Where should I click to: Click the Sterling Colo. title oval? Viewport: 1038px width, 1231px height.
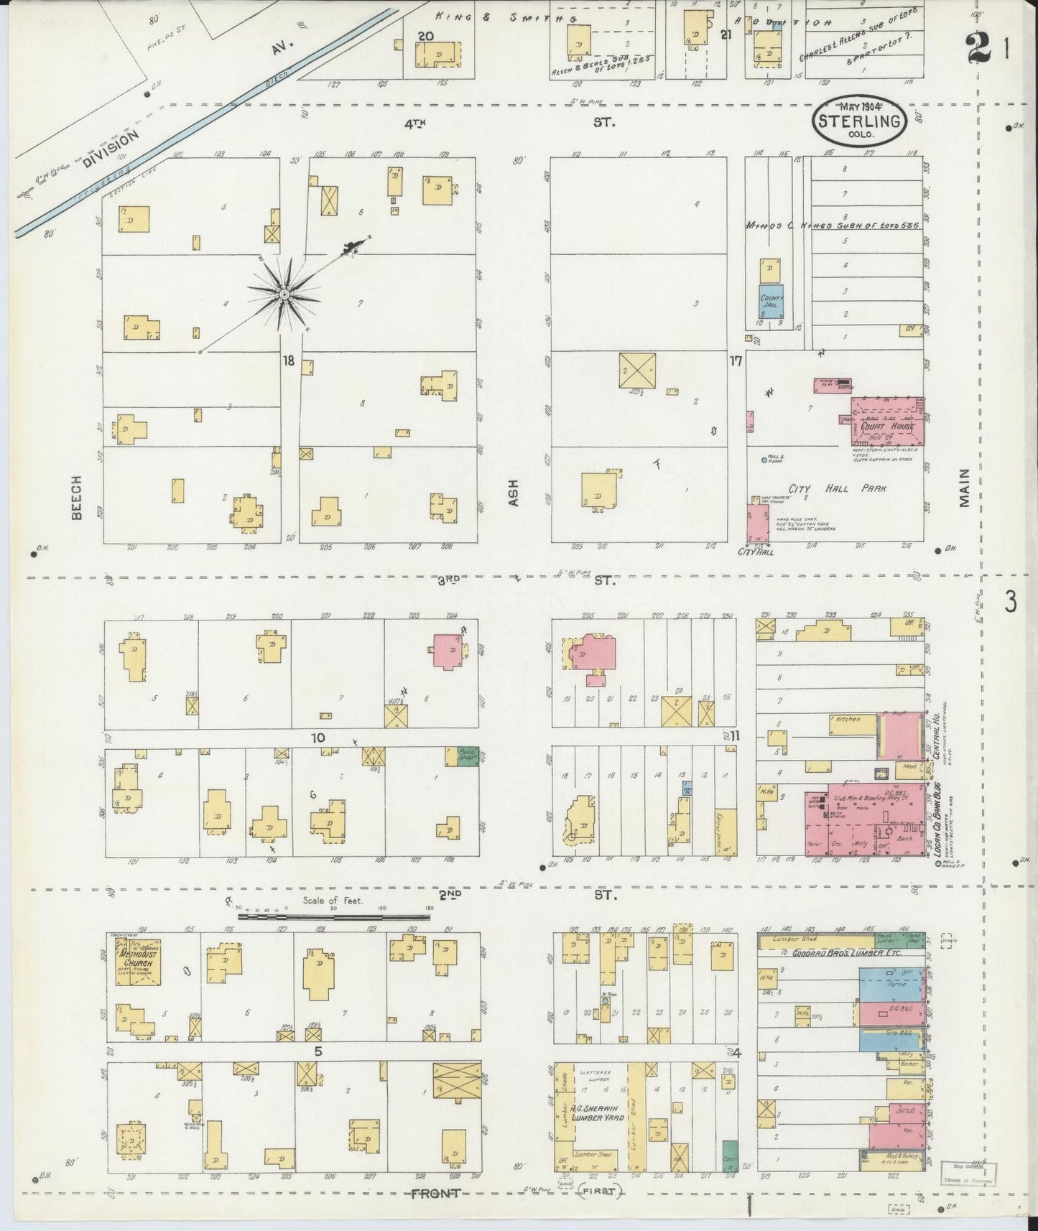tap(859, 121)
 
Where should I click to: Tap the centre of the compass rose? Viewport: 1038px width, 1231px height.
tap(284, 294)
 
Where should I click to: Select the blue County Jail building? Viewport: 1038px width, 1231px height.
tap(772, 301)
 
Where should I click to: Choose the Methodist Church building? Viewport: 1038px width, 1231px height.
tap(136, 960)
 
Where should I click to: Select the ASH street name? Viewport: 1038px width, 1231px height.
tap(513, 493)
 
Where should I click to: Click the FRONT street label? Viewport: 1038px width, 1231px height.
tap(435, 1194)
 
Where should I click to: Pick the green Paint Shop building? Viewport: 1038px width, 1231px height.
tap(468, 756)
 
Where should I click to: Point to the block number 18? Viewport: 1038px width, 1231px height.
tap(288, 361)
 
